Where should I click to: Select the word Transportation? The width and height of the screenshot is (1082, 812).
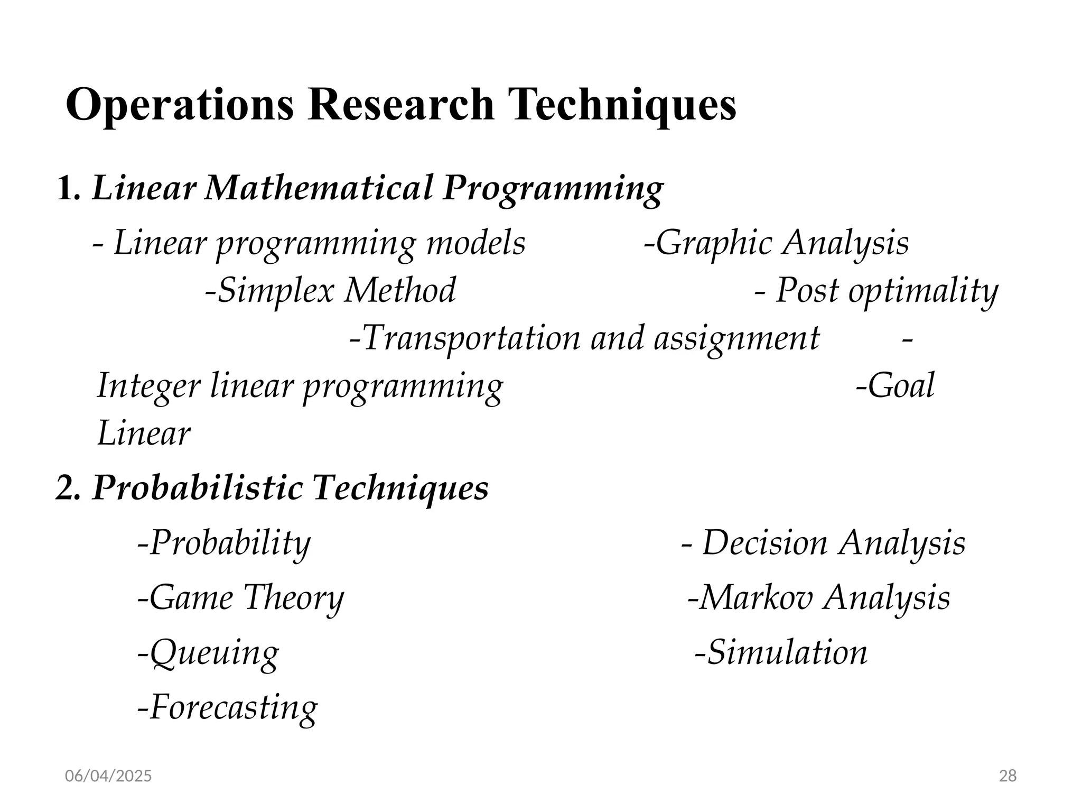pos(470,338)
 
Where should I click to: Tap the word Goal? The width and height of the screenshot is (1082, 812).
pos(900,386)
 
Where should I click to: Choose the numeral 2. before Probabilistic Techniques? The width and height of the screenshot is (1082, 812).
pos(68,487)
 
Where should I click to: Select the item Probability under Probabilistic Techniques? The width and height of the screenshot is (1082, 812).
pos(227,543)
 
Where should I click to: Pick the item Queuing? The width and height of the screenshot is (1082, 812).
pos(211,653)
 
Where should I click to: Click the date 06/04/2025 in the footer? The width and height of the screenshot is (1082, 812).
pos(108,776)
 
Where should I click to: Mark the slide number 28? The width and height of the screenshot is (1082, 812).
pos(1008,776)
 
